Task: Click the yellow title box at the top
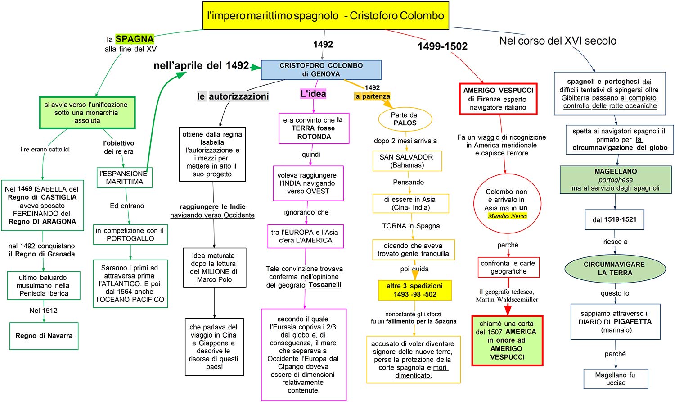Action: coord(325,16)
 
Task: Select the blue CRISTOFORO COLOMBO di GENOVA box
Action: coord(321,70)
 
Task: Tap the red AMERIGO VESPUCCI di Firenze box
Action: coord(498,99)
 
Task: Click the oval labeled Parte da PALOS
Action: coord(405,119)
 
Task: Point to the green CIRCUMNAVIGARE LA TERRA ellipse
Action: coord(615,269)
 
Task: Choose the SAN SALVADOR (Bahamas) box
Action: coord(407,161)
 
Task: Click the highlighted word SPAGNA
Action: coord(135,39)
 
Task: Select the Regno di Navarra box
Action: coord(44,336)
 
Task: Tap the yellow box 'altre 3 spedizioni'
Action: coord(414,290)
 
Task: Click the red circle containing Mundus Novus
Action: coord(506,204)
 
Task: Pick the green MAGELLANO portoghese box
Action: coord(615,180)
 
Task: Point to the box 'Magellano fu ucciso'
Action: coord(615,379)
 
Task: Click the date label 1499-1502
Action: coord(442,46)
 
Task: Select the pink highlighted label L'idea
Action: coord(313,94)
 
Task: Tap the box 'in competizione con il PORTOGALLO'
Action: coord(130,234)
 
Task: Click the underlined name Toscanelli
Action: coord(325,285)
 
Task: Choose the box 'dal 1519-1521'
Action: coord(614,220)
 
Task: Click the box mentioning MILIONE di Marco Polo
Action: coord(214,268)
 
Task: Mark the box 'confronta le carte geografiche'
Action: coord(508,267)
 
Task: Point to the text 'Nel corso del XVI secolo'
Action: coord(558,41)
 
